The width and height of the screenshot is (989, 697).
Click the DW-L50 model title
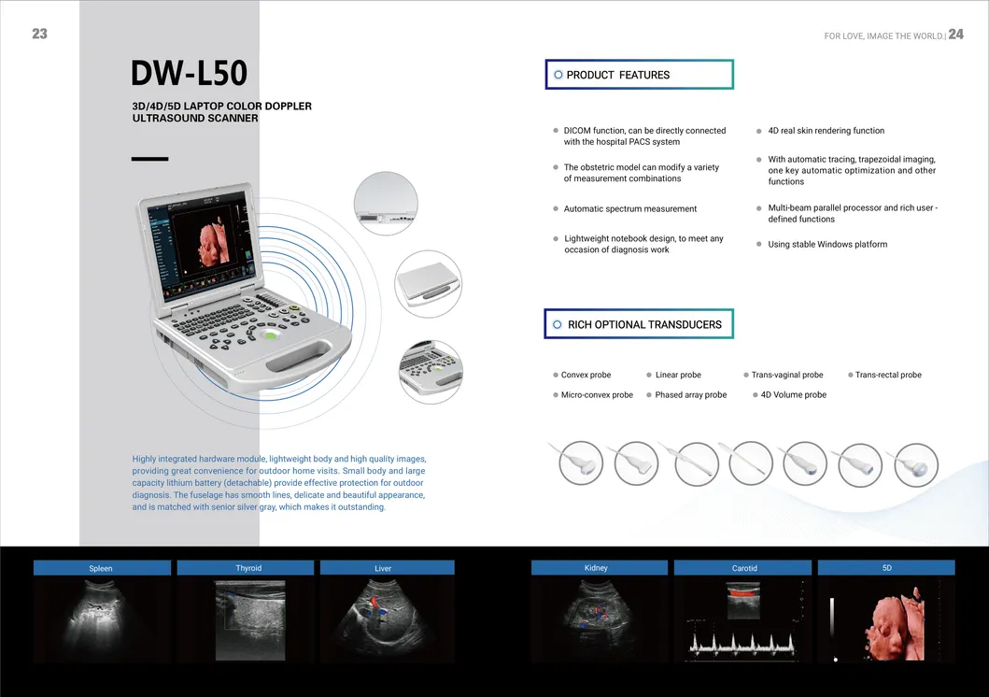(x=189, y=73)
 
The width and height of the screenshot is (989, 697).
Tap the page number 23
(x=40, y=34)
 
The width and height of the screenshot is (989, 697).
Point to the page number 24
(x=955, y=35)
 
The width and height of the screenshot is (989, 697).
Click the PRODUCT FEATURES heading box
(x=639, y=75)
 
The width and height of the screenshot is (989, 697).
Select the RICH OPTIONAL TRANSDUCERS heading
(x=638, y=324)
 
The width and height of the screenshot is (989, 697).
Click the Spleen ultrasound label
(x=102, y=568)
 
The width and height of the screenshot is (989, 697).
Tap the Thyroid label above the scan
(x=247, y=568)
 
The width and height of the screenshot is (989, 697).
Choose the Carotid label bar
(x=743, y=568)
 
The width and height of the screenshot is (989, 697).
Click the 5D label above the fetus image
(x=886, y=568)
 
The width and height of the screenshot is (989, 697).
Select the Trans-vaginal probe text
(x=787, y=375)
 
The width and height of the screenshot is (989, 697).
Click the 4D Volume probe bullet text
(x=794, y=395)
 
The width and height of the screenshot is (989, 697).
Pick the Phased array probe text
(x=691, y=395)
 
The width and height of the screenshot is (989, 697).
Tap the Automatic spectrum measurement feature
(x=630, y=208)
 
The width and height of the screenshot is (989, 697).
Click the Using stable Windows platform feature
(x=827, y=244)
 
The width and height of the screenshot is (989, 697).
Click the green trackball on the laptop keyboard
(x=271, y=334)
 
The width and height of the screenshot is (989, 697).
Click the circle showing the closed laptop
(x=429, y=283)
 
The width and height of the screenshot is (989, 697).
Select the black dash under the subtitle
(x=150, y=159)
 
